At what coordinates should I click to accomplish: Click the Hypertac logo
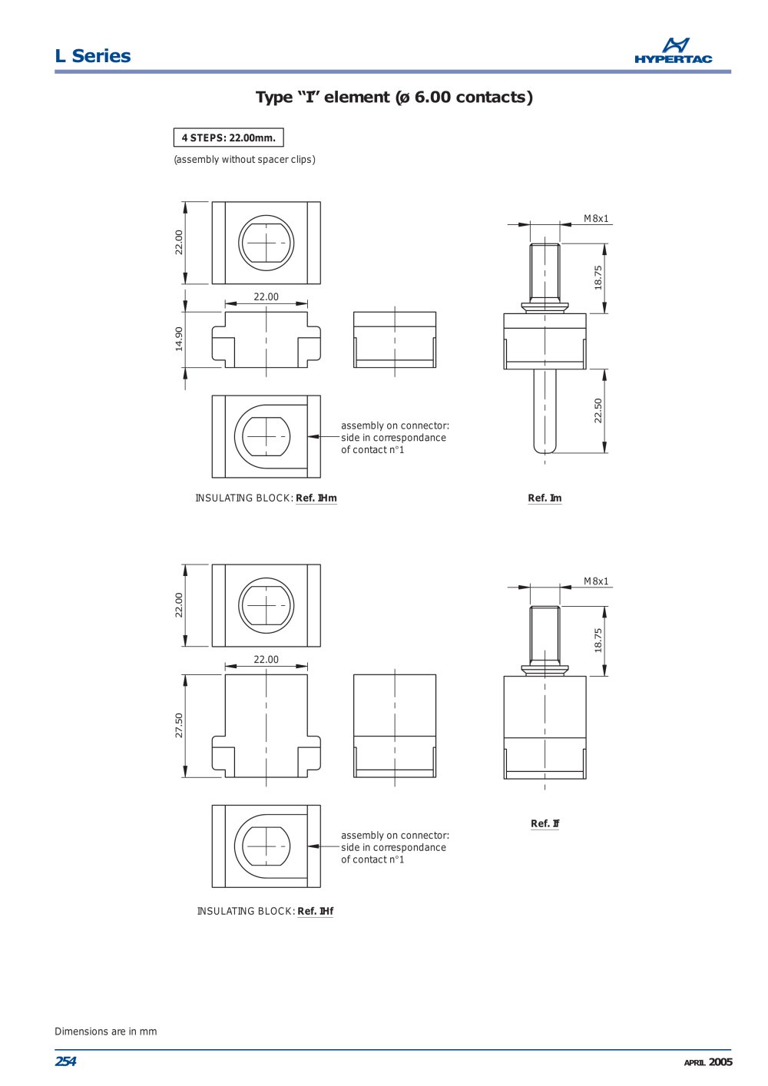click(673, 51)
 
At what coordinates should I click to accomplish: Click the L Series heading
click(93, 56)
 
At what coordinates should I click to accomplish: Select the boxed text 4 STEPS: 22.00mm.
click(228, 137)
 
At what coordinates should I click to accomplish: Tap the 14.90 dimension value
click(179, 339)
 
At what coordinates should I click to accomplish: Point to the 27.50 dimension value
click(179, 725)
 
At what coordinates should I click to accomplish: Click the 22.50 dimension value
click(598, 411)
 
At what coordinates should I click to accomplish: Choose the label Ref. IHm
click(316, 498)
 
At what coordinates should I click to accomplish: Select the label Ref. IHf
click(315, 911)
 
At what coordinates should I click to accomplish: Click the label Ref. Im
click(545, 498)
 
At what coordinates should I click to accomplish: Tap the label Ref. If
click(545, 823)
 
